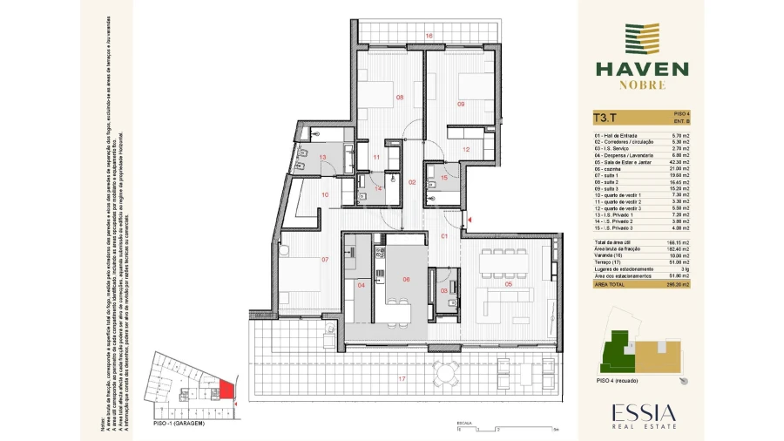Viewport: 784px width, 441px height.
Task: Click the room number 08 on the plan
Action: tap(400, 97)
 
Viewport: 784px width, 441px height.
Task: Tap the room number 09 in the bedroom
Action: tap(461, 104)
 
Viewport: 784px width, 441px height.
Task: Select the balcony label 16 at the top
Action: tap(429, 35)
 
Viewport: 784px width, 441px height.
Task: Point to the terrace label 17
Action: tap(402, 378)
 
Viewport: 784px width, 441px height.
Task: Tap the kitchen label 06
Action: tap(405, 279)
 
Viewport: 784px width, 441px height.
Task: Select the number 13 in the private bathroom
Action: tap(322, 158)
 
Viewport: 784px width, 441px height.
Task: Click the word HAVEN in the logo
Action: tap(641, 68)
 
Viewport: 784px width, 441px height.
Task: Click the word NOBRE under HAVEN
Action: tap(642, 85)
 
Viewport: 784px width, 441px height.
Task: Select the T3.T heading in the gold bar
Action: tap(605, 118)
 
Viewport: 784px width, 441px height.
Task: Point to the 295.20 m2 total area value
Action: tap(676, 284)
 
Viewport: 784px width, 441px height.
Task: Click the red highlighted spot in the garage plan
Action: tap(226, 390)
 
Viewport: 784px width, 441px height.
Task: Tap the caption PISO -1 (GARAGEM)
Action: tap(179, 423)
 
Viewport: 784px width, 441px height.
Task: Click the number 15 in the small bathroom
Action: tap(444, 178)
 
